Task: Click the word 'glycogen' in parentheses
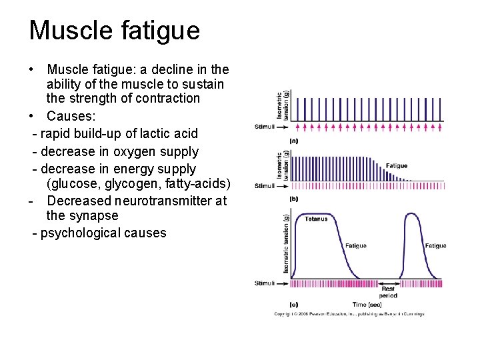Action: point(127,183)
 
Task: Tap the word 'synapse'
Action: point(94,216)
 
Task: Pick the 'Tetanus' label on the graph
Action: point(316,219)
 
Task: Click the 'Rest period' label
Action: point(388,292)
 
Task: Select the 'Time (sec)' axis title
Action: point(367,305)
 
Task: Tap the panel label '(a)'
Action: point(293,141)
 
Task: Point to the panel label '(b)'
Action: point(293,199)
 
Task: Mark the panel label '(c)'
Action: point(293,304)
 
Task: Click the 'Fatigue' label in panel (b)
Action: point(397,166)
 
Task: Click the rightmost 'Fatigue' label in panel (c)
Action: point(435,246)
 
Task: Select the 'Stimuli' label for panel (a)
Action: point(264,127)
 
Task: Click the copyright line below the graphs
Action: point(349,314)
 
